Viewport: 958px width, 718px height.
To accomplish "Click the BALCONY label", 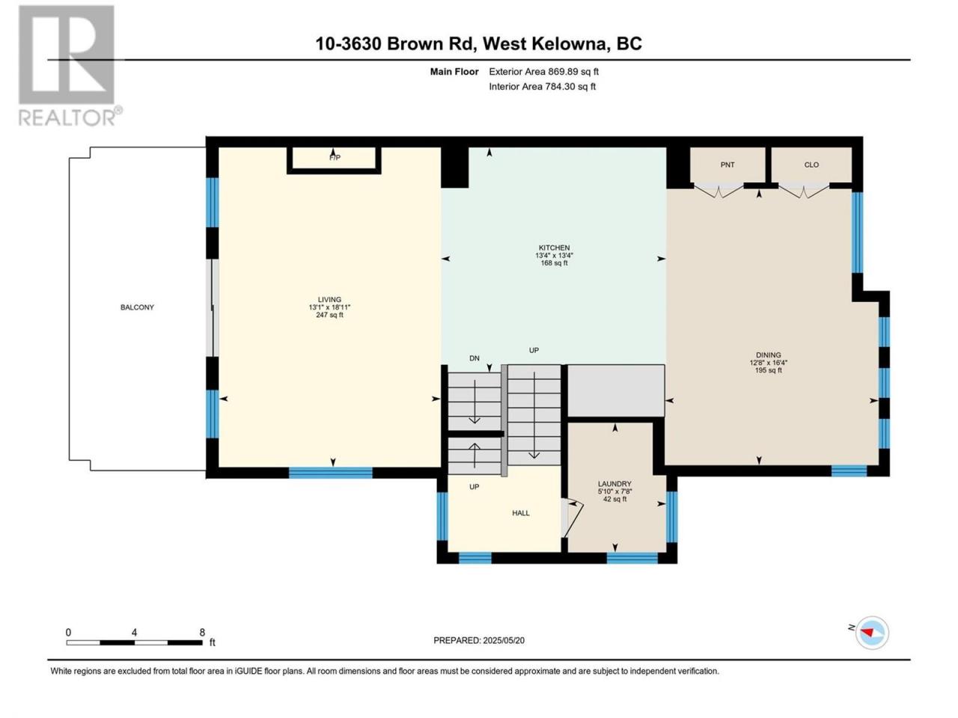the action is [x=137, y=307].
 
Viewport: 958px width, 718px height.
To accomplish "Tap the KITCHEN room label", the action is [x=554, y=248].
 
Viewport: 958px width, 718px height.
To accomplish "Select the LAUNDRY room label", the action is [x=614, y=484].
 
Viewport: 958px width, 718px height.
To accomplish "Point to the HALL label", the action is [x=521, y=513].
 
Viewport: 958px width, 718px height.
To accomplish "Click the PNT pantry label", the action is [x=727, y=165].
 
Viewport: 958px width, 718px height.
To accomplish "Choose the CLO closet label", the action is [x=811, y=165].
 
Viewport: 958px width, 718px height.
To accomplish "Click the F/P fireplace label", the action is [x=335, y=158].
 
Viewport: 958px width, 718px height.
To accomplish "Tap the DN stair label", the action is [x=475, y=358].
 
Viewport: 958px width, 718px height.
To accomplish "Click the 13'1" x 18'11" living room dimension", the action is [x=329, y=307].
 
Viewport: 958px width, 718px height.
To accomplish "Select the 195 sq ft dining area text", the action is [x=768, y=370].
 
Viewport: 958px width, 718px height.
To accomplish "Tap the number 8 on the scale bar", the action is [x=202, y=632].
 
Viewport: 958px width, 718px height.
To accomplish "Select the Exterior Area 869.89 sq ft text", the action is [x=544, y=72].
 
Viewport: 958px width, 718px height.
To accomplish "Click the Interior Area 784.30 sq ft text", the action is [x=542, y=86].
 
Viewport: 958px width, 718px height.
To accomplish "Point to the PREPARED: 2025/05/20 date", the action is [x=479, y=640].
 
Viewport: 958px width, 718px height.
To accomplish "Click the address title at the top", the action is [x=479, y=43].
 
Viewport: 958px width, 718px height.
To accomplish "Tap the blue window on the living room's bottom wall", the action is [x=330, y=473].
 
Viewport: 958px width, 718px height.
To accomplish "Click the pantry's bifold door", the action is [x=718, y=191].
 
